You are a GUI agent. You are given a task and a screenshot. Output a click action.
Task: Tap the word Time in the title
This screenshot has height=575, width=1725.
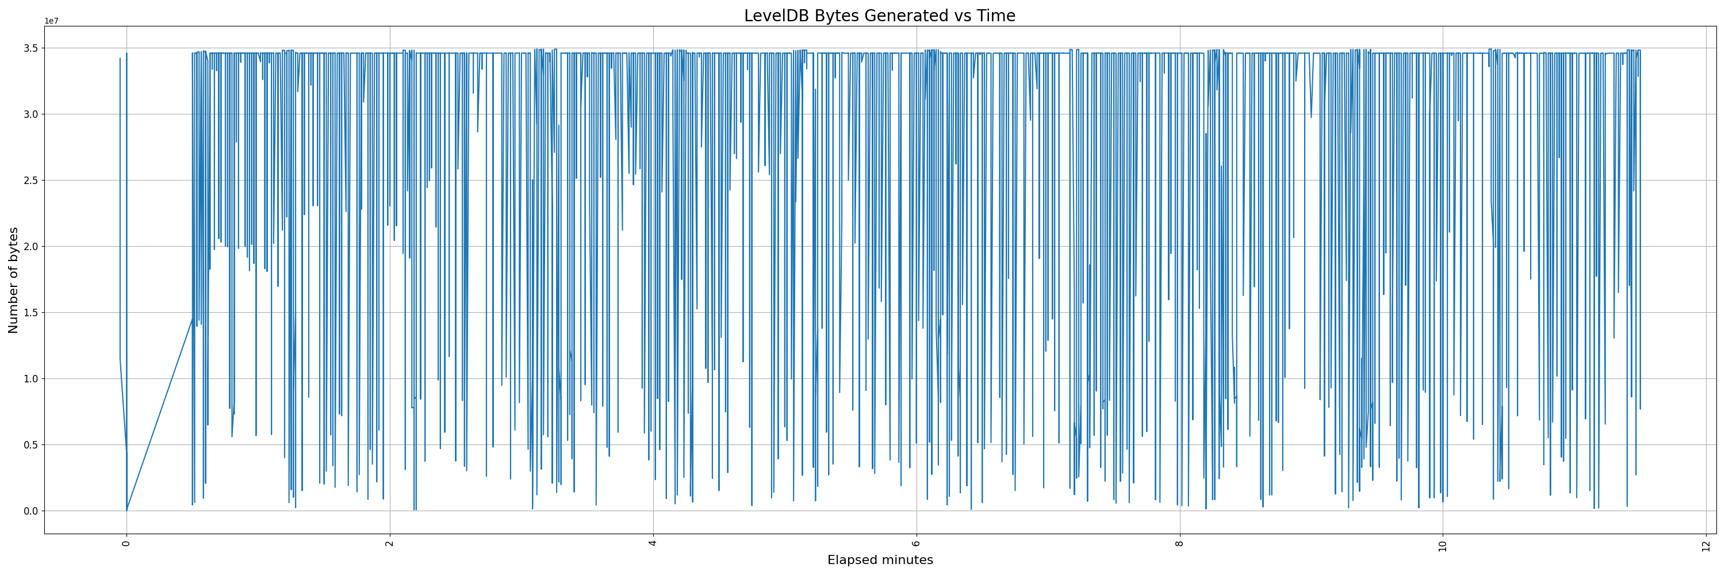996,16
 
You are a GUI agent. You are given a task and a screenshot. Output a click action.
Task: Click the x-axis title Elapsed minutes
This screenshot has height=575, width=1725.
880,560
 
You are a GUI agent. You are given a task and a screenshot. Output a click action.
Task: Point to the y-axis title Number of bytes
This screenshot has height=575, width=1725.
13,280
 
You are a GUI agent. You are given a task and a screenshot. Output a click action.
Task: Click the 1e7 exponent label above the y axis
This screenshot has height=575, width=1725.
52,21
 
